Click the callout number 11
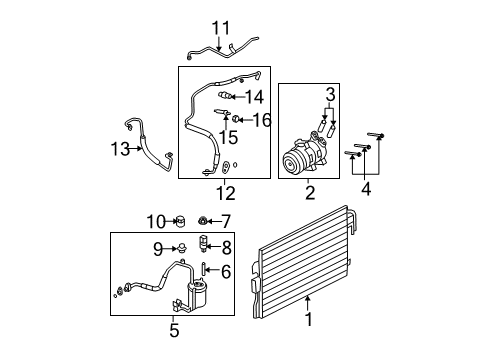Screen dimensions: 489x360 click(221, 28)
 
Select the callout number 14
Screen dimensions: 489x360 click(255, 97)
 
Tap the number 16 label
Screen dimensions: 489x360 click(262, 120)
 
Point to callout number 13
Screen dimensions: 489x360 click(120, 149)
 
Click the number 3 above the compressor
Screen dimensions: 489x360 click(330, 95)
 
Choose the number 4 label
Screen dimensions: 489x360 click(366, 189)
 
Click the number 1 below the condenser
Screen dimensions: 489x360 click(309, 319)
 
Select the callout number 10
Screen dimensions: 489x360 click(156, 221)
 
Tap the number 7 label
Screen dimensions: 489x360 click(226, 221)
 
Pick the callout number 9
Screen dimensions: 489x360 click(158, 249)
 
